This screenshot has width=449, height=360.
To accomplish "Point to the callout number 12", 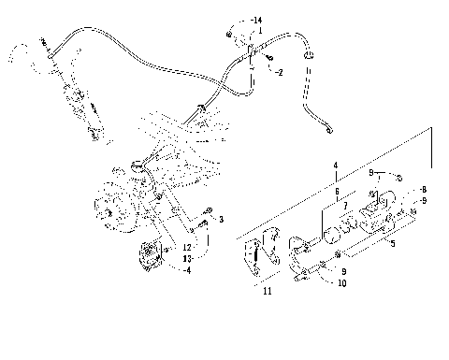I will click(x=188, y=247).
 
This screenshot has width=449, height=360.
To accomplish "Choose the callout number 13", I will click(x=188, y=258).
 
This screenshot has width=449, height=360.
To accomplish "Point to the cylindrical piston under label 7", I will click(x=334, y=227).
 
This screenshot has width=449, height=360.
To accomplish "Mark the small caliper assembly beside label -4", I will click(x=151, y=256).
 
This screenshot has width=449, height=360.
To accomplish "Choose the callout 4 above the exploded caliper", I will click(x=333, y=166).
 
